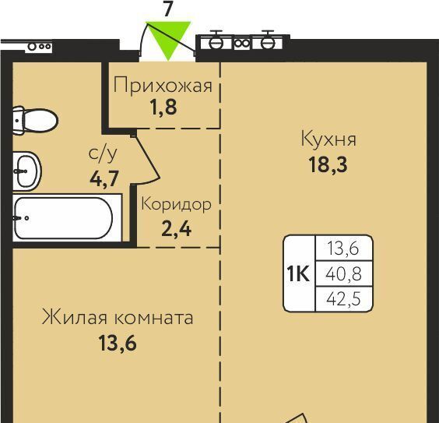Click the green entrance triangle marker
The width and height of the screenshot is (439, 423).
tap(168, 38)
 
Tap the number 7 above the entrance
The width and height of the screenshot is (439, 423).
tap(167, 10)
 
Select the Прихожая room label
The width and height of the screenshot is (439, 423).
tap(163, 85)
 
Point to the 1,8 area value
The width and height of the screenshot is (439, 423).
tap(163, 107)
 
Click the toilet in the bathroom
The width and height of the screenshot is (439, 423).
tap(35, 121)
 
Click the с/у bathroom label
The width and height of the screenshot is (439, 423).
tap(103, 154)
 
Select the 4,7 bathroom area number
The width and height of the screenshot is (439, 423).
tap(104, 178)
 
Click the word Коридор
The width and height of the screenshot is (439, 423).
tap(176, 205)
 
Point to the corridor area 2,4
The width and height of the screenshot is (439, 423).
tap(177, 229)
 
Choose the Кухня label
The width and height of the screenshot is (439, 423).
tap(328, 139)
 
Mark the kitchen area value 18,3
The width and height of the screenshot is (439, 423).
tap(328, 164)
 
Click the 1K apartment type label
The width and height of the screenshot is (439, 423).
tap(298, 273)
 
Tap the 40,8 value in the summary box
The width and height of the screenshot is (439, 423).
tap(343, 273)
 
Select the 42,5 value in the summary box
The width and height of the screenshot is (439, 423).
tap(343, 299)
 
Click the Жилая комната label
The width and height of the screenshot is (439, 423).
tap(118, 317)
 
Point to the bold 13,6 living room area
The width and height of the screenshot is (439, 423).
tap(118, 344)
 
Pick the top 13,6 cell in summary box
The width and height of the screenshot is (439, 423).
tap(343, 249)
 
